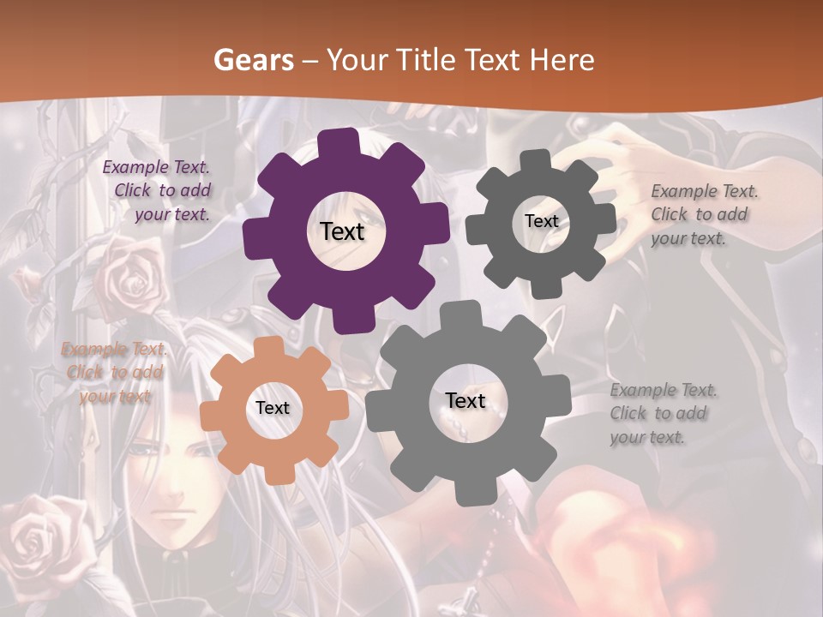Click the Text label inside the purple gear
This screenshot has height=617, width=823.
342,231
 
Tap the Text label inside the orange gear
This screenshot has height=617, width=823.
273,409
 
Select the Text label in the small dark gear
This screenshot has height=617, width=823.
541,221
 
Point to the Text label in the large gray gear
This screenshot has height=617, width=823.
466,401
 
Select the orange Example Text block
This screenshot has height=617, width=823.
114,373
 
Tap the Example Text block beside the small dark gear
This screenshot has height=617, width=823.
703,214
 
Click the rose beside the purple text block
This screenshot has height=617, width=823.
129,274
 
